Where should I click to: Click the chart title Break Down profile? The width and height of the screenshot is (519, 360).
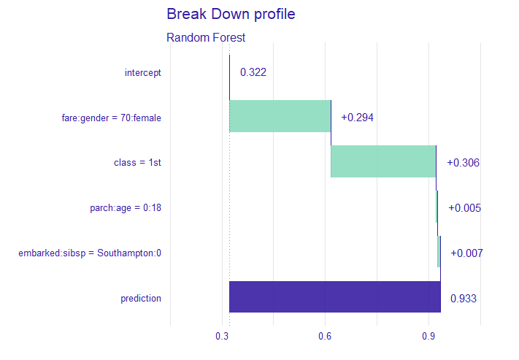point(231,14)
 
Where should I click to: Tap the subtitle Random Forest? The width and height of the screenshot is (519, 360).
point(206,37)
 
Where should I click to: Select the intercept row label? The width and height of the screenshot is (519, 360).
point(142,72)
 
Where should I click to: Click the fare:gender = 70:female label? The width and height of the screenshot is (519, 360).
point(111,118)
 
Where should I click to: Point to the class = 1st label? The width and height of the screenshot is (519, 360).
point(137,163)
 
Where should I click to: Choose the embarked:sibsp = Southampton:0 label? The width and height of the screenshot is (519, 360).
point(90,253)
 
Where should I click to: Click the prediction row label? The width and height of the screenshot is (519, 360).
point(140,298)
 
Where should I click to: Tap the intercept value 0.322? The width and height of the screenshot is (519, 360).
point(253,72)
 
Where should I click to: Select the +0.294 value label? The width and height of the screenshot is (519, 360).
point(357,118)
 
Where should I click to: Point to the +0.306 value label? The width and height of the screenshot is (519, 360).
point(463,163)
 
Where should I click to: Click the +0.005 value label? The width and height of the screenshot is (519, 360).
point(464,208)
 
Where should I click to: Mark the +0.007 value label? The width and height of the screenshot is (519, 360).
point(466,253)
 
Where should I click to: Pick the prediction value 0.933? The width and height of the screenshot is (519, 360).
point(464,298)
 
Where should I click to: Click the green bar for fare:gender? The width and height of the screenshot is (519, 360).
point(280,116)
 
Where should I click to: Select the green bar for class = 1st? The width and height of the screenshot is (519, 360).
point(383,161)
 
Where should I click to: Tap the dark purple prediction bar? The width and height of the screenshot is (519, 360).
point(334,296)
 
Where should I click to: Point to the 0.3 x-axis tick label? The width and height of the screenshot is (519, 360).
point(222,336)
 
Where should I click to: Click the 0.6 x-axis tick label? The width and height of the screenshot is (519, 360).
point(325,336)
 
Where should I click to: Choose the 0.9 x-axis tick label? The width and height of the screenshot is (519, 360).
point(428,336)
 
